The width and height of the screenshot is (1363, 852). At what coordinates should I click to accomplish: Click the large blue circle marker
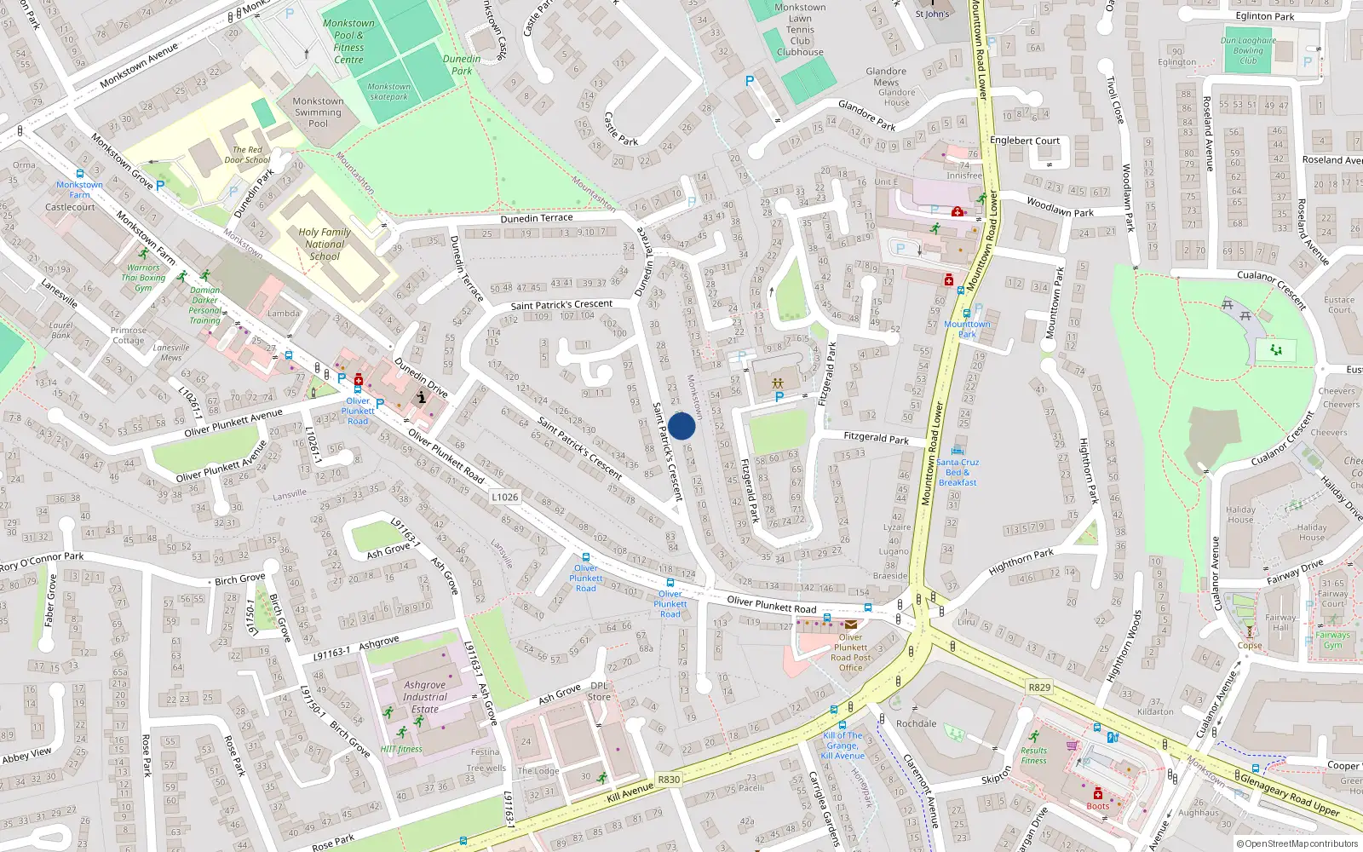click(681, 426)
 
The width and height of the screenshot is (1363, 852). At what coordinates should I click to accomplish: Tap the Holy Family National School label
click(325, 244)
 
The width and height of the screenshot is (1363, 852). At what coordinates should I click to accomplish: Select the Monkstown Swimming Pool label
click(318, 112)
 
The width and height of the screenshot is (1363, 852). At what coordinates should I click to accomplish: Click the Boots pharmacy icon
click(1098, 793)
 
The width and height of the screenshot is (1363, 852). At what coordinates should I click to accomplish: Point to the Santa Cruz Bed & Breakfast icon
click(958, 451)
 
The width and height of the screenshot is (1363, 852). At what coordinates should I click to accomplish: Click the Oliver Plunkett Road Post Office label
click(850, 652)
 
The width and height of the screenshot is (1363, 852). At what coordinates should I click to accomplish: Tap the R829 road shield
click(1039, 687)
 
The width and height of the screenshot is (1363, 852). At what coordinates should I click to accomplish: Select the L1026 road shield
click(504, 497)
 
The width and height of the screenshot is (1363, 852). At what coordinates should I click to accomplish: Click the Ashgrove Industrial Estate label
click(424, 696)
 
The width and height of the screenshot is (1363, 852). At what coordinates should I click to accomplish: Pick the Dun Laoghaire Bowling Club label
click(1248, 50)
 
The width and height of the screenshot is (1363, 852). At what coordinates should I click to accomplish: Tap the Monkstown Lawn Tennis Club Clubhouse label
click(800, 30)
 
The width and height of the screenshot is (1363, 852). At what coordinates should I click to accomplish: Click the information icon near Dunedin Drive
click(421, 397)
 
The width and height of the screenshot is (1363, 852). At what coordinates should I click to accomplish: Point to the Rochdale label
click(916, 723)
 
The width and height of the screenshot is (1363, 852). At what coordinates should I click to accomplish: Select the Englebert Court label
click(1025, 141)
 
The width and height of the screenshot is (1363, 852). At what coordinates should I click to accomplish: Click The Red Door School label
click(247, 154)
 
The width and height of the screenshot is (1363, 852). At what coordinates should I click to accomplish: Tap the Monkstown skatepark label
click(388, 91)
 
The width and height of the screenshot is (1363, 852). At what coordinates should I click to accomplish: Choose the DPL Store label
click(599, 691)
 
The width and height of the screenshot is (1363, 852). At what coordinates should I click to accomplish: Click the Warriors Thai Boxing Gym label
click(143, 278)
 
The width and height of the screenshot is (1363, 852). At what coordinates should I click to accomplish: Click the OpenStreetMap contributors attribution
click(1297, 843)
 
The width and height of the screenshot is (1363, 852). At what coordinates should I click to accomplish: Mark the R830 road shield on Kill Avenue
click(669, 780)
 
